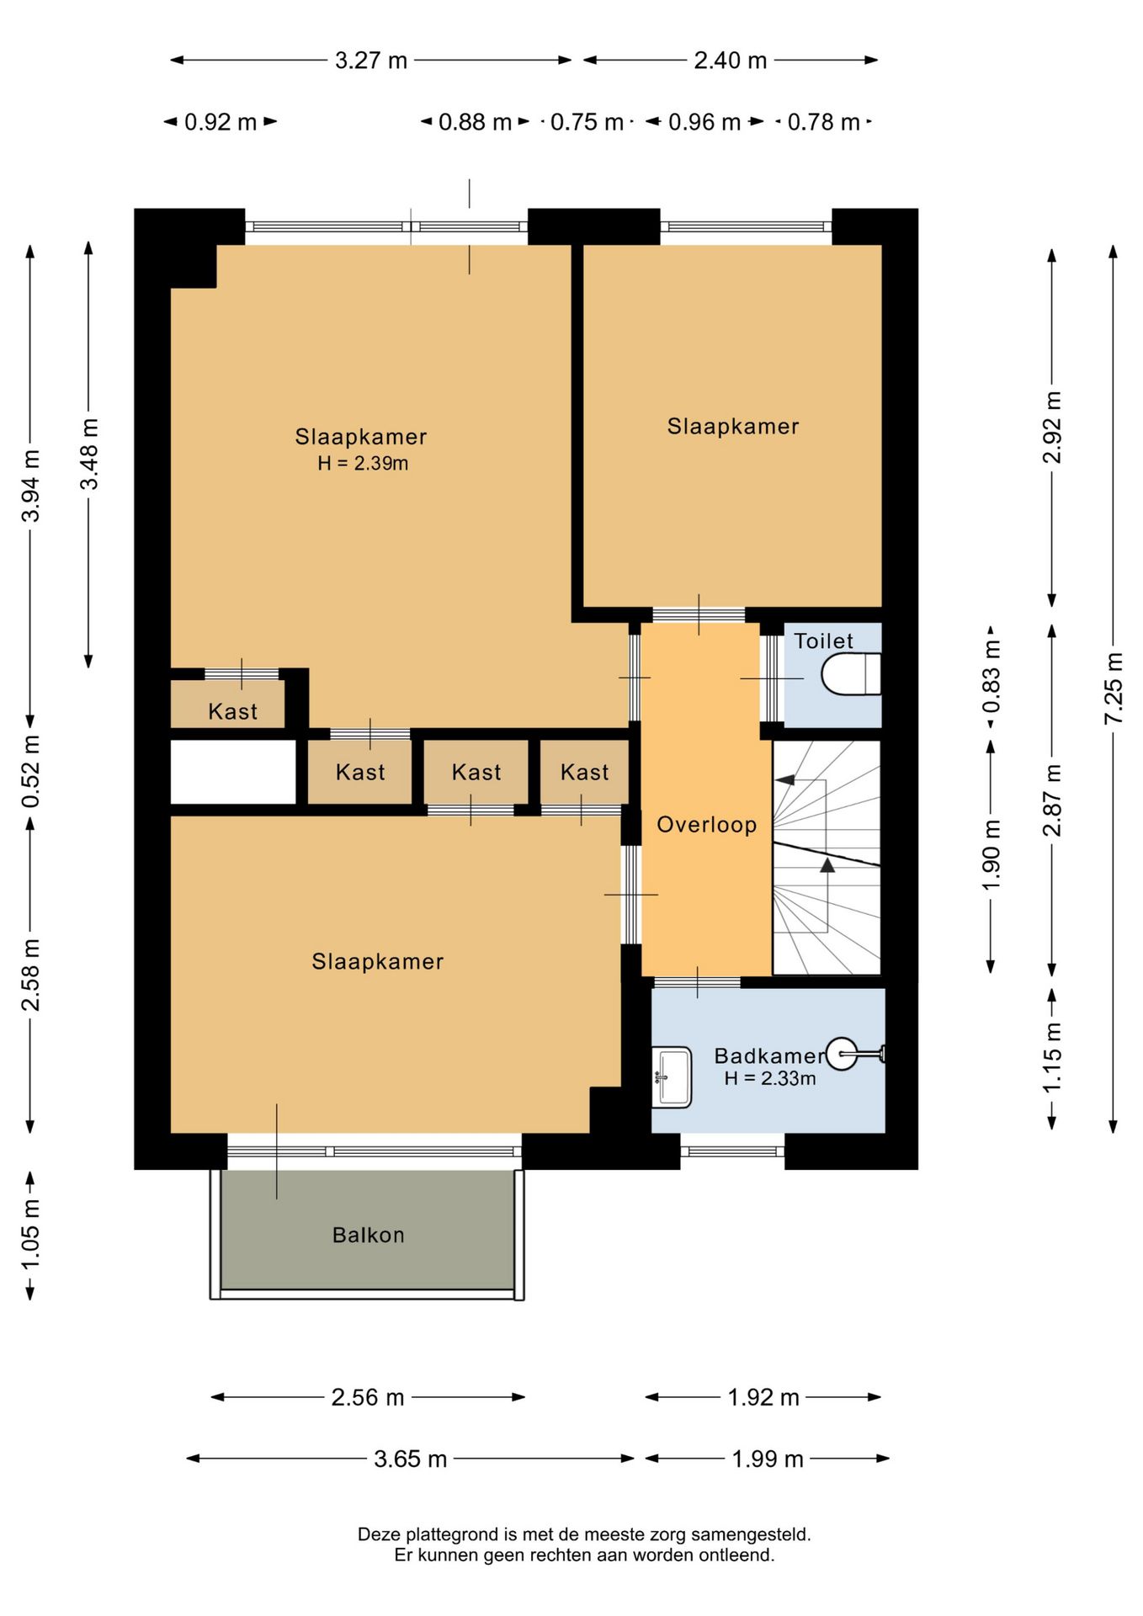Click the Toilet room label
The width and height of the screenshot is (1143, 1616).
click(x=823, y=641)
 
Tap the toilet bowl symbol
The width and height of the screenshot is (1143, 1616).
click(x=851, y=674)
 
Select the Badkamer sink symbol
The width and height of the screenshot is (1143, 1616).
click(x=672, y=1076)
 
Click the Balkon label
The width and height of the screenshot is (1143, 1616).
click(x=369, y=1235)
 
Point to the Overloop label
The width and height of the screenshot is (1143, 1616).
click(x=707, y=825)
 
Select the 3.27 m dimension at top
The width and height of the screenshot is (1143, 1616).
click(x=371, y=61)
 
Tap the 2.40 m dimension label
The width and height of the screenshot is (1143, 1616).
click(x=731, y=61)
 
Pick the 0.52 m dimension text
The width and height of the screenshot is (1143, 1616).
click(x=30, y=771)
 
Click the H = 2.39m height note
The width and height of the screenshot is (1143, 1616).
click(x=363, y=463)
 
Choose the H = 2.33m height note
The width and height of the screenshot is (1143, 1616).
click(x=770, y=1078)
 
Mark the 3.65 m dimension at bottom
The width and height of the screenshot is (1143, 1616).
click(x=411, y=1459)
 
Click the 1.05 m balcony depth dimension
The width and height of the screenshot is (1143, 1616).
click(x=30, y=1236)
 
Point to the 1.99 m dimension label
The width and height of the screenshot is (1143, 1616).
click(x=768, y=1459)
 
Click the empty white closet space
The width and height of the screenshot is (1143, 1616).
click(x=233, y=772)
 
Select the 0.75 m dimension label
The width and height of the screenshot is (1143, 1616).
click(x=587, y=122)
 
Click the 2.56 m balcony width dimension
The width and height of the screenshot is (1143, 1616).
click(x=368, y=1397)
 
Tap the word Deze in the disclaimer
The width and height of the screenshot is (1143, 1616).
click(x=377, y=1534)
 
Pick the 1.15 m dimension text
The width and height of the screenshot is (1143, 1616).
click(x=1052, y=1057)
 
